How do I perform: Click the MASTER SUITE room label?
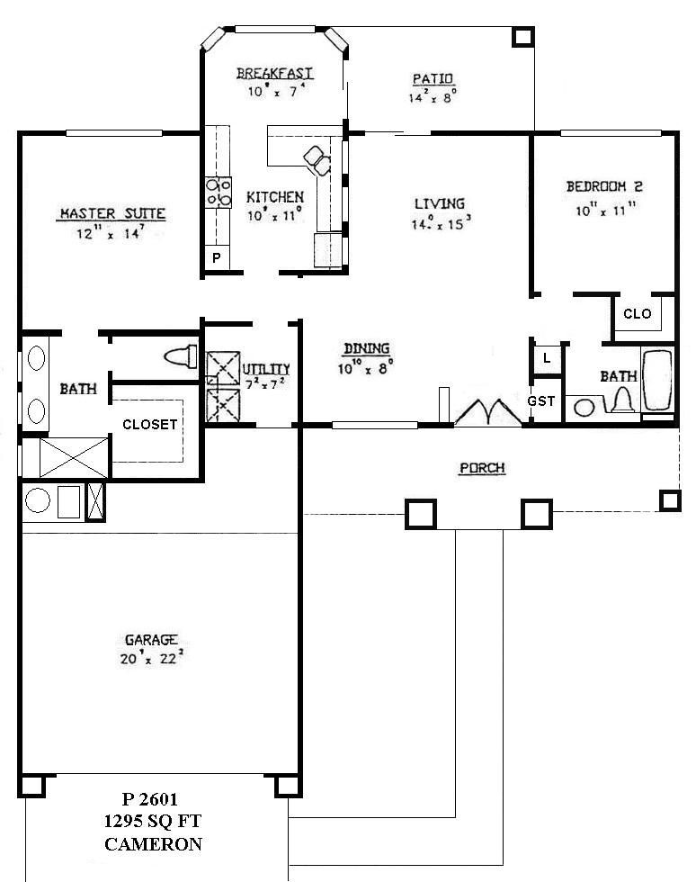[112, 213]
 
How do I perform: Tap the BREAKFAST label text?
[274, 73]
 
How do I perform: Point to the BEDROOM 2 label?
[603, 187]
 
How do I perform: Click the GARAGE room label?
[150, 640]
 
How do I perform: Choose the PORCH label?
[482, 468]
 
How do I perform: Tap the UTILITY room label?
[266, 369]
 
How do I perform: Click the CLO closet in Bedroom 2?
[637, 314]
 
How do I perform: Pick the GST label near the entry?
[541, 401]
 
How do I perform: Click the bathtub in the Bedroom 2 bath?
[657, 382]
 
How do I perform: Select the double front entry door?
[488, 412]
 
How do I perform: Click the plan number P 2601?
[151, 799]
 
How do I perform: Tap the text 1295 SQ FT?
[152, 821]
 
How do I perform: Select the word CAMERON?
[153, 844]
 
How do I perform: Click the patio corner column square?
[523, 36]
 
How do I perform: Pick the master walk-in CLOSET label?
[149, 425]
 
